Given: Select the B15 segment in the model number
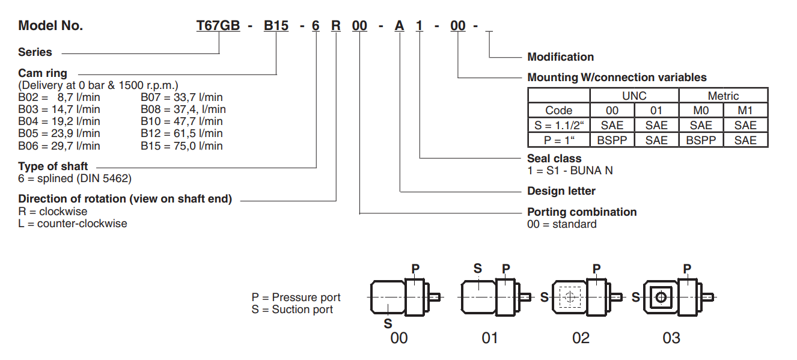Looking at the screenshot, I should tap(276, 25).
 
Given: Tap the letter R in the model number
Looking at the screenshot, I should tap(336, 25).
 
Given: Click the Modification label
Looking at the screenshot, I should tap(560, 57).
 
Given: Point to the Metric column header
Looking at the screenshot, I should tap(723, 96).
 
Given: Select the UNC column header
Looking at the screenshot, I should tap(634, 96).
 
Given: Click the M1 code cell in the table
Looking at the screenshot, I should tap(745, 111).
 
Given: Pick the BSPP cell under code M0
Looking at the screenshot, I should tap(701, 140).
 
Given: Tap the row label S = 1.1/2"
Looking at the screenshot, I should tap(558, 125).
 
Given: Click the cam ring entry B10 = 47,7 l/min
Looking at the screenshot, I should tap(182, 121).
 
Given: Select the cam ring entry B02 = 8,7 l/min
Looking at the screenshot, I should tap(59, 97).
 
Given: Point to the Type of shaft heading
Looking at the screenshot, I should tap(53, 166).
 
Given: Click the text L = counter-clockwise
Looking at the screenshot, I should tap(73, 224).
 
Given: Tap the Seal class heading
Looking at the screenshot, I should tap(554, 159).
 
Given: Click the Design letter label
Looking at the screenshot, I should tap(561, 191).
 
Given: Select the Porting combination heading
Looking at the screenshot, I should tap(582, 212).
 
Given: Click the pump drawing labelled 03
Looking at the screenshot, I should tap(669, 297).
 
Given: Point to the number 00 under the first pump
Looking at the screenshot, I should tap(398, 338).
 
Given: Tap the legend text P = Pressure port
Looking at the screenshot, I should tap(296, 297).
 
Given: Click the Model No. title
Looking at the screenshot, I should tap(50, 25).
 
